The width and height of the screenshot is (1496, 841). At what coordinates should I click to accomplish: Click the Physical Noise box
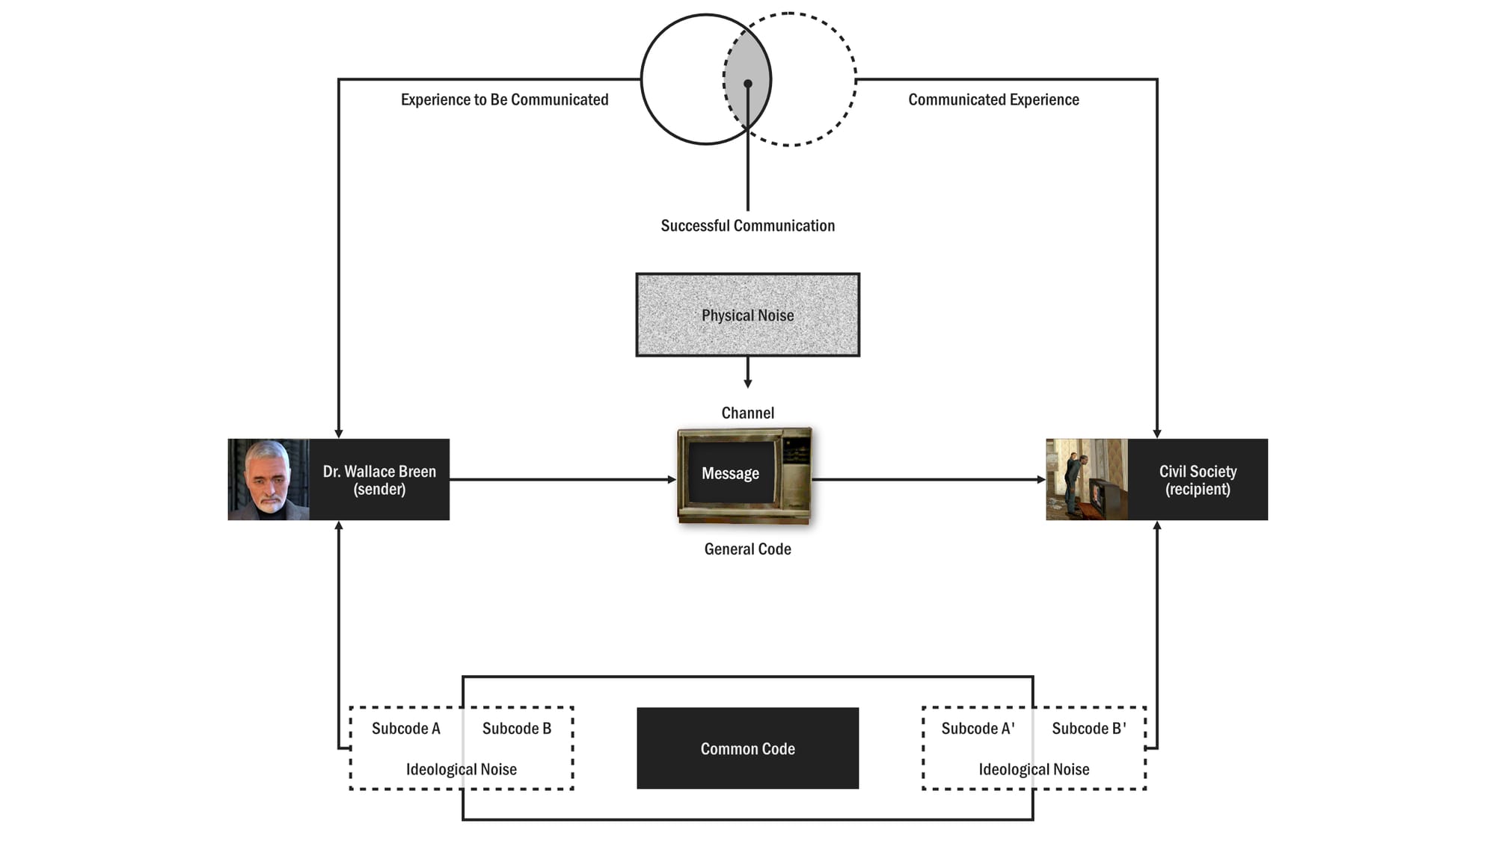click(747, 315)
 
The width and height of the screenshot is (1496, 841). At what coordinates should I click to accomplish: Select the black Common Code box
click(747, 748)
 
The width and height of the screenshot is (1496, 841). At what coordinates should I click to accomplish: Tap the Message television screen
click(731, 473)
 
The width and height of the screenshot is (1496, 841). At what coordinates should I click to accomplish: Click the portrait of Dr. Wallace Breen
click(269, 479)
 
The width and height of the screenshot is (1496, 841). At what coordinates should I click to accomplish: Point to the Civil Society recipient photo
click(1086, 479)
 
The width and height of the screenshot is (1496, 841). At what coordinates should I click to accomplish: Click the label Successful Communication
click(747, 226)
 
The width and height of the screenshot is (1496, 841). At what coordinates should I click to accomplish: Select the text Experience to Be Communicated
click(504, 99)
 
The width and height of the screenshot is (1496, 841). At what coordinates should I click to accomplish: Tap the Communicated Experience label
click(993, 99)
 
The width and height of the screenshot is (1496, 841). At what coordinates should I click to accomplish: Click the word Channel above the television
click(747, 413)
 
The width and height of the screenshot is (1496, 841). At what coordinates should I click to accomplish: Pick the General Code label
click(747, 549)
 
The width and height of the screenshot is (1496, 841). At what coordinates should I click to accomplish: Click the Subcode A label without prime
click(405, 728)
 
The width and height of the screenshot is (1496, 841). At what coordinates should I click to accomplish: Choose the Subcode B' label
click(1088, 728)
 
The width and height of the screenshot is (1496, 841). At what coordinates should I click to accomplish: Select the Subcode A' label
click(978, 728)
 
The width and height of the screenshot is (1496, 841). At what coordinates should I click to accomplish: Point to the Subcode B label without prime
click(516, 728)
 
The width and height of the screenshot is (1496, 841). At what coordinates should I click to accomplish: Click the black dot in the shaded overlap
click(747, 84)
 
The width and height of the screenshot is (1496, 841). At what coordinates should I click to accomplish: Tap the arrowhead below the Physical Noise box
click(747, 383)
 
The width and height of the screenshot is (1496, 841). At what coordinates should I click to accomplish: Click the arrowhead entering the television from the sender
click(672, 479)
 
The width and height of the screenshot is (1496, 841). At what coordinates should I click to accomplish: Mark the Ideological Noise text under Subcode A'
click(1034, 769)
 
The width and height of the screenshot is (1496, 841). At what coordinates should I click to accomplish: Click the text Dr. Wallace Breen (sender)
click(379, 480)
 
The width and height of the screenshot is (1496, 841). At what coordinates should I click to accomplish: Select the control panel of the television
click(795, 472)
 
